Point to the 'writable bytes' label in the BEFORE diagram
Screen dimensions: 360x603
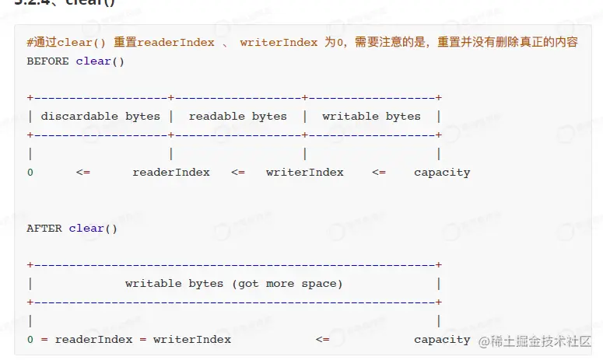[371, 116]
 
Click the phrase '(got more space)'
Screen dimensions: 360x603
[287, 284]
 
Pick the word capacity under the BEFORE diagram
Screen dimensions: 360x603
[442, 172]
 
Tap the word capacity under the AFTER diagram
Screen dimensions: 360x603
[442, 339]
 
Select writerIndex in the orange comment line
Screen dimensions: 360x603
[279, 43]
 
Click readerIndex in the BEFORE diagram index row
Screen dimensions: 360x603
[171, 172]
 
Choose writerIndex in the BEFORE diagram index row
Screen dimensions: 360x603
[304, 172]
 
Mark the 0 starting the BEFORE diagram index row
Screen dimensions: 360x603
[30, 172]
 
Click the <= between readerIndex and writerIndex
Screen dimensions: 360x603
[238, 172]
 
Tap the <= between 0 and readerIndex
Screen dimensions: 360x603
[83, 172]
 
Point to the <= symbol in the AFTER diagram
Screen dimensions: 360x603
[322, 339]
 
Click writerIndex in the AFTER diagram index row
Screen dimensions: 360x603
[192, 339]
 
